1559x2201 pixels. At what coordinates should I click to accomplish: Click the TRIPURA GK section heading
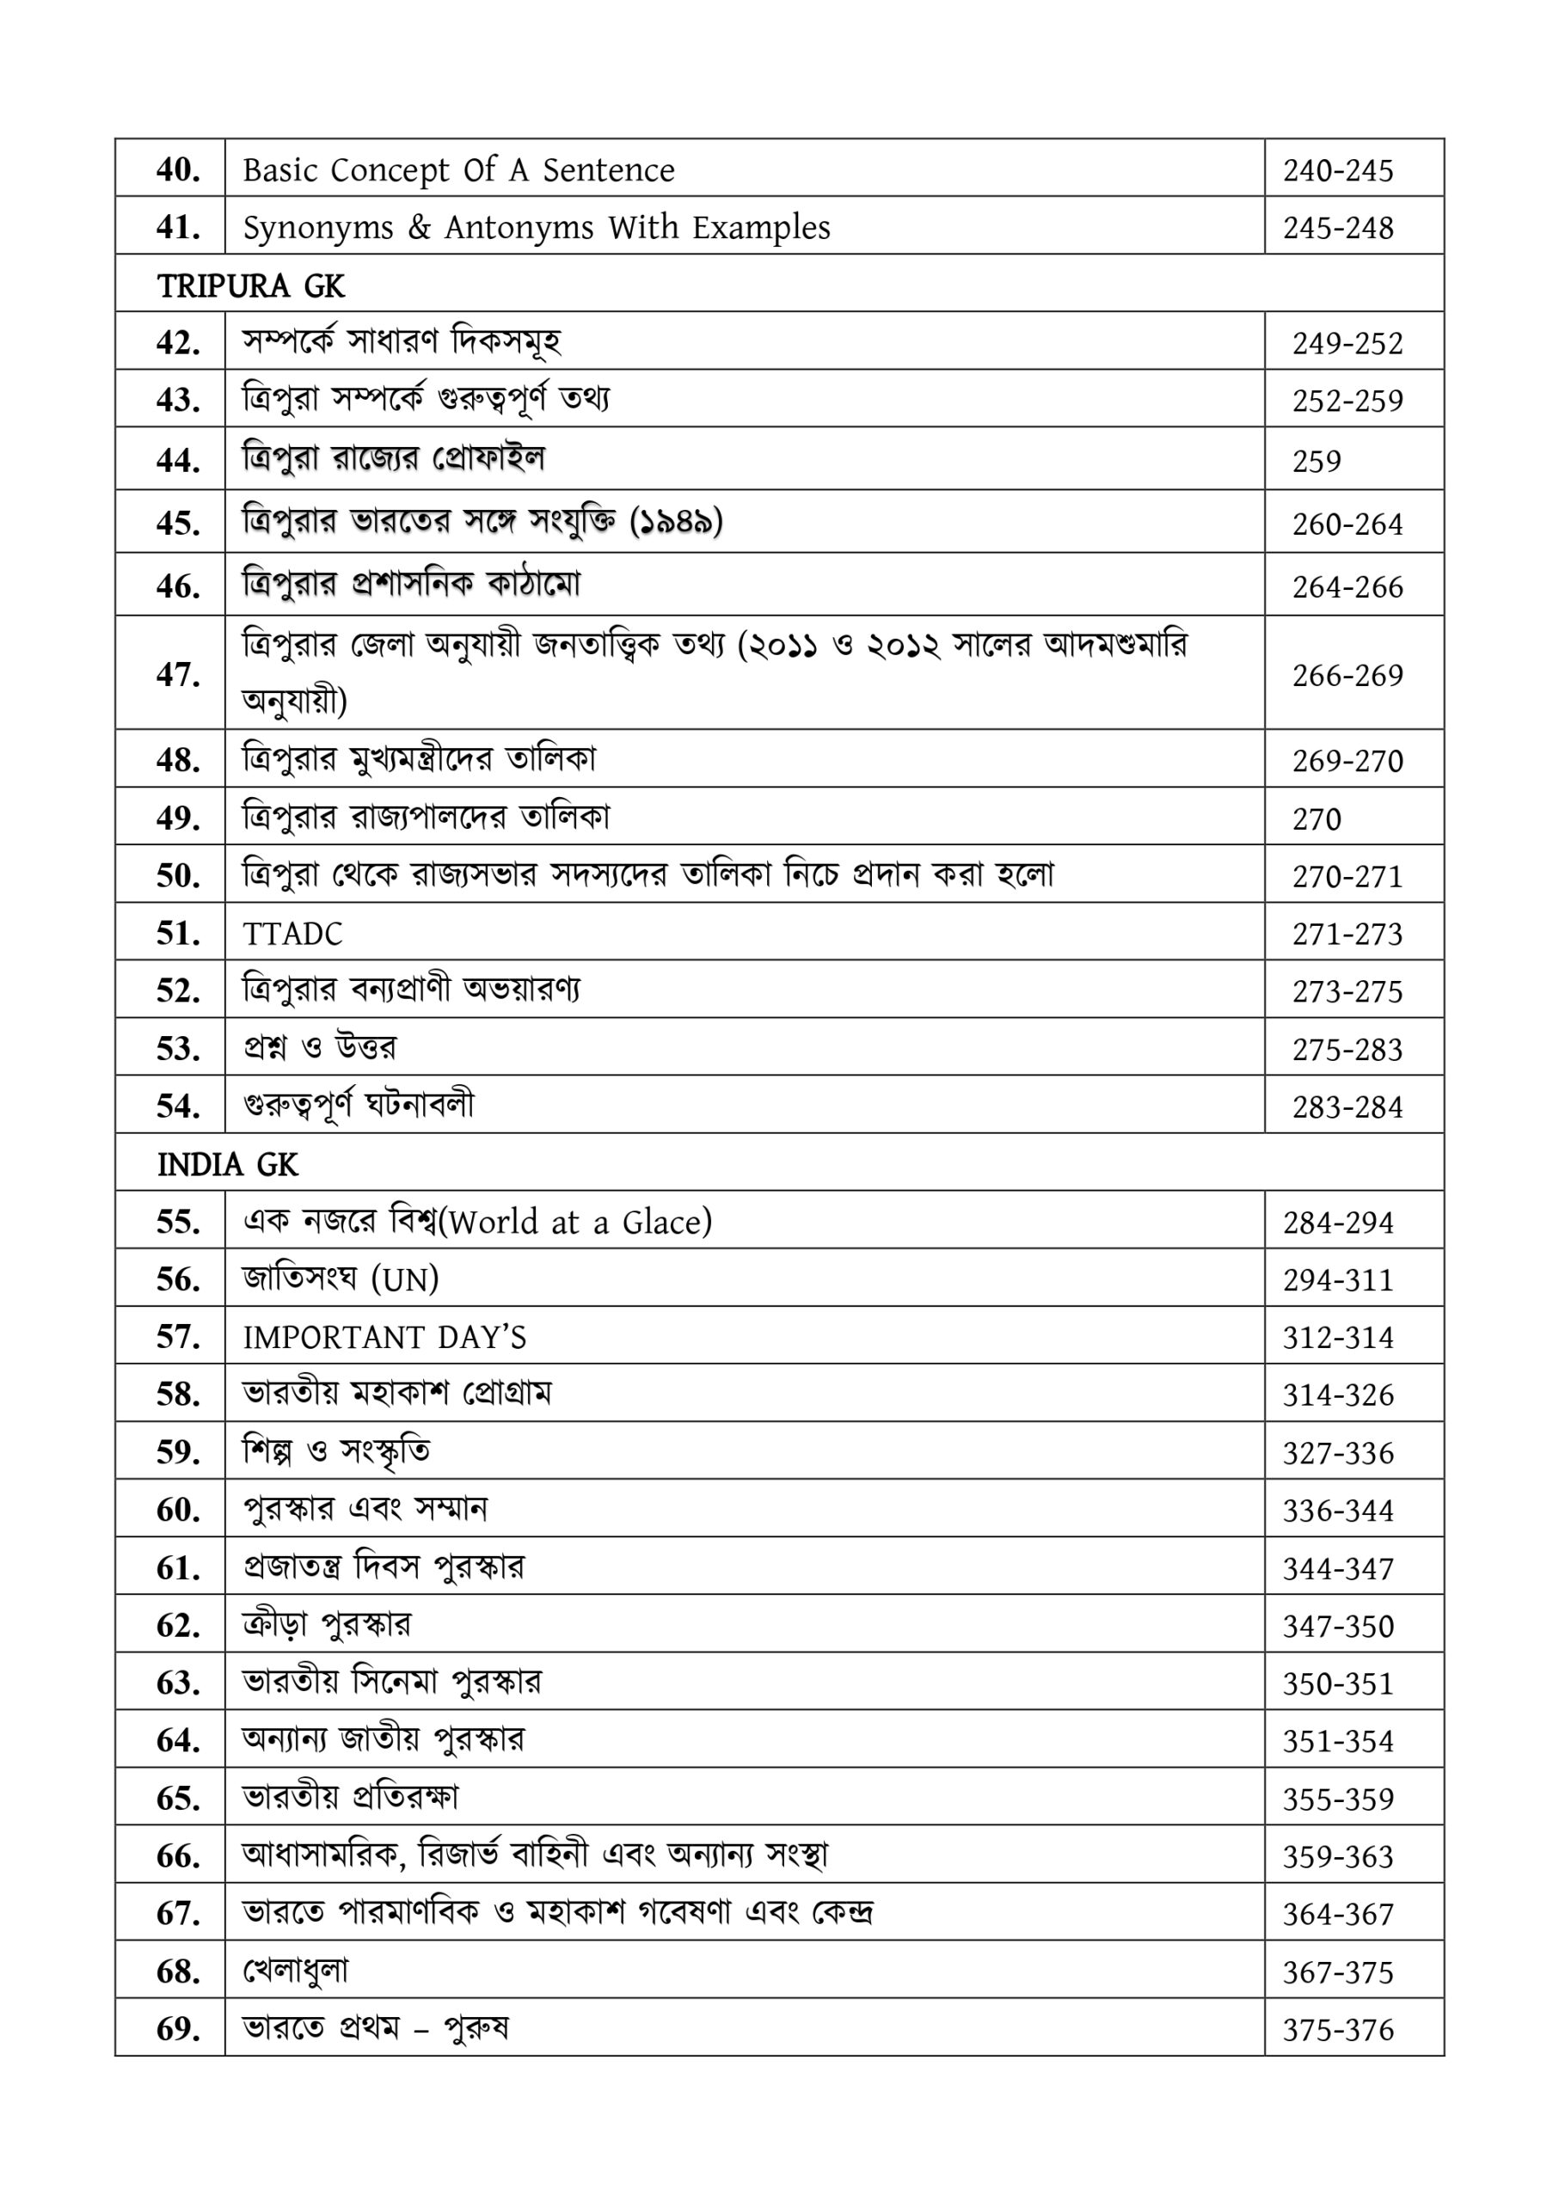250,286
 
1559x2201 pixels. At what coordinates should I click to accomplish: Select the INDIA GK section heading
228,1164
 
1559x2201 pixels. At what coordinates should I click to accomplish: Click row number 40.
178,170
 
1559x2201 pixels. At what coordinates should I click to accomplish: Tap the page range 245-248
1337,229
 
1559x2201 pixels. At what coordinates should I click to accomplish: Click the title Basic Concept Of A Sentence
459,170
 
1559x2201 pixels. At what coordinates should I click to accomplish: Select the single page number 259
1317,462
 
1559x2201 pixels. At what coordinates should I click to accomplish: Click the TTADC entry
292,934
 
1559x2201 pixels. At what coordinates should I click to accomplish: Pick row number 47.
178,675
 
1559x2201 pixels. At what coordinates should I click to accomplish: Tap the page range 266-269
1347,676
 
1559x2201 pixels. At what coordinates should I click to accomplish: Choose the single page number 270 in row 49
1317,819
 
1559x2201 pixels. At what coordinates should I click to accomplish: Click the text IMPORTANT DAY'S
384,1337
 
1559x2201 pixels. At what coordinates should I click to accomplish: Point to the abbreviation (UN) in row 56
405,1279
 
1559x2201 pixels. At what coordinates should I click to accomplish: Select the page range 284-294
1337,1223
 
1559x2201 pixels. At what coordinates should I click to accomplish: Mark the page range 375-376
1337,2030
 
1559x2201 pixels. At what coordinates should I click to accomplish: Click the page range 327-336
1337,1453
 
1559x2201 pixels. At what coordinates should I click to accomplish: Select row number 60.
178,1510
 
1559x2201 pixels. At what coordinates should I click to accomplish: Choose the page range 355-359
1337,1799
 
